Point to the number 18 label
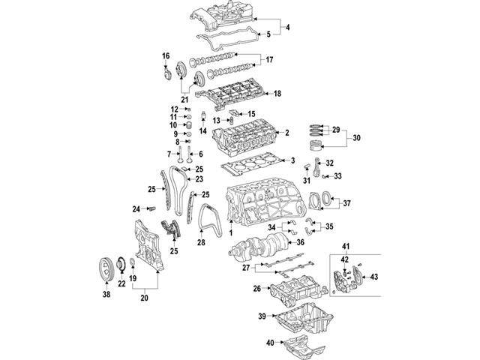(277, 94)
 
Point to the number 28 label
(201, 242)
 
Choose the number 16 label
(166, 56)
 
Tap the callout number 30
(356, 137)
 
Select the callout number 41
(346, 247)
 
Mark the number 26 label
(257, 288)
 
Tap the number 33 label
(338, 176)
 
